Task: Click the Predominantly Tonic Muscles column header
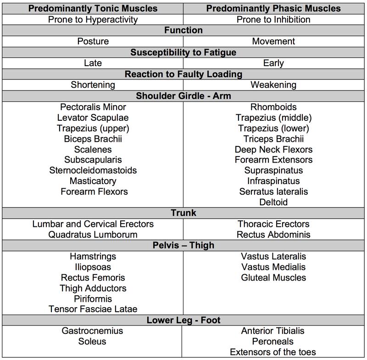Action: click(x=93, y=9)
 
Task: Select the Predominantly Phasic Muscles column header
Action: click(x=273, y=9)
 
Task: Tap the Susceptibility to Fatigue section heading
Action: click(x=183, y=52)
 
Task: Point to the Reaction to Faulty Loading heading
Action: click(x=183, y=74)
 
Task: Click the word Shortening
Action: click(x=93, y=85)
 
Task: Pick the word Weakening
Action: click(x=273, y=85)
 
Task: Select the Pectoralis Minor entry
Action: click(x=93, y=107)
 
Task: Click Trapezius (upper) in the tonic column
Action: click(x=93, y=128)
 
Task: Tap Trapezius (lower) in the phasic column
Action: click(x=273, y=128)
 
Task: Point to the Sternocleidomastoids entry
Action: click(x=93, y=170)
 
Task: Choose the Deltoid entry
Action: click(x=273, y=202)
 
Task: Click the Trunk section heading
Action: click(x=183, y=214)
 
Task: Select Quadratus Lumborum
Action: click(x=93, y=235)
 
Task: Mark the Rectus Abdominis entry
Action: click(x=273, y=235)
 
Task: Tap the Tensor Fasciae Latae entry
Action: click(x=93, y=309)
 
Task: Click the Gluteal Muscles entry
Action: click(x=273, y=277)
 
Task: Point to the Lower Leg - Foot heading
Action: click(x=183, y=320)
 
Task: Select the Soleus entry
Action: click(x=93, y=341)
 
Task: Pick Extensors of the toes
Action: click(x=273, y=352)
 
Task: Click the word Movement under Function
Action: click(x=273, y=41)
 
